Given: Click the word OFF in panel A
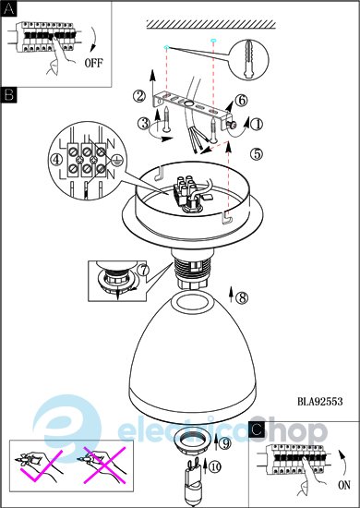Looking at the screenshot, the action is pyautogui.click(x=93, y=63).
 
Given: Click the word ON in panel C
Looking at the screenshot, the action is pyautogui.click(x=344, y=485).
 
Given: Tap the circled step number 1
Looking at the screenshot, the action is pyautogui.click(x=257, y=124).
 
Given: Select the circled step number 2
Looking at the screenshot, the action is pyautogui.click(x=139, y=96).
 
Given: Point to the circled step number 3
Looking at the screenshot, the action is pyautogui.click(x=144, y=123).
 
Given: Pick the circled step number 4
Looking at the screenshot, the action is pyautogui.click(x=57, y=160).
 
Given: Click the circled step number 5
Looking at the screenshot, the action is pyautogui.click(x=257, y=154).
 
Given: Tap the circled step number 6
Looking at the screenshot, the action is pyautogui.click(x=242, y=101).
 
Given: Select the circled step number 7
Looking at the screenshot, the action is pyautogui.click(x=143, y=269).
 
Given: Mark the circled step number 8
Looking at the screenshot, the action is pyautogui.click(x=242, y=297).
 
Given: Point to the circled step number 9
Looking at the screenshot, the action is pyautogui.click(x=225, y=443).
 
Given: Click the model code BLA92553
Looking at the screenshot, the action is pyautogui.click(x=320, y=402).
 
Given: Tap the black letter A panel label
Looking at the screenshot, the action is pyautogui.click(x=8, y=9).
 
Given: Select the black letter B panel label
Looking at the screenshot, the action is pyautogui.click(x=8, y=95).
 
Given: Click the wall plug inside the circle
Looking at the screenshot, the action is pyautogui.click(x=248, y=58).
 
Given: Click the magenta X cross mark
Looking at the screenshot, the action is pyautogui.click(x=105, y=466).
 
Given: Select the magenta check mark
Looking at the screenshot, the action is pyautogui.click(x=42, y=466).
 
